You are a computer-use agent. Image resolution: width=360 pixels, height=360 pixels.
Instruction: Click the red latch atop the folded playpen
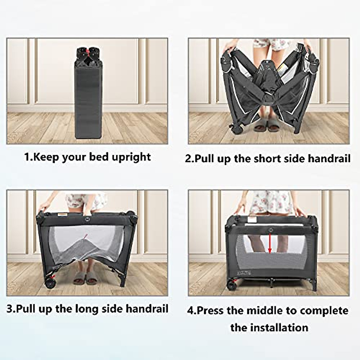(87, 53)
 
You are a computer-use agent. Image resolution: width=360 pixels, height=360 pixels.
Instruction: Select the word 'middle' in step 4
(264, 310)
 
